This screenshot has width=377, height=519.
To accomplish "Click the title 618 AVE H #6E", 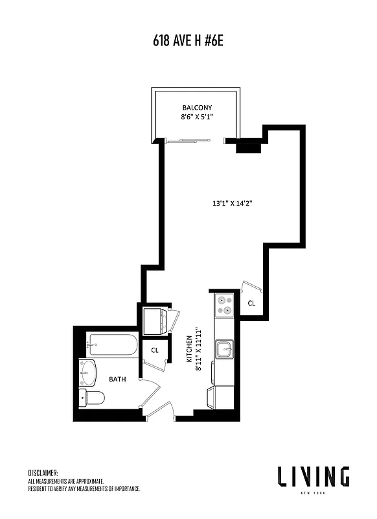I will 188,42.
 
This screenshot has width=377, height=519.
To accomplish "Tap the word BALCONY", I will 196,108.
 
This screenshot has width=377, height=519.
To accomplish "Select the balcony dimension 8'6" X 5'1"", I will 196,117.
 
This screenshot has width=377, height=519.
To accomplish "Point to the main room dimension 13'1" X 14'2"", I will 232,203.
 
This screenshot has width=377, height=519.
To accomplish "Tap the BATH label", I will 118,379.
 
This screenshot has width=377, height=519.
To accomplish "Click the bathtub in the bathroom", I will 112,344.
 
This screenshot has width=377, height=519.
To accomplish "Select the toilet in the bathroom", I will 91,397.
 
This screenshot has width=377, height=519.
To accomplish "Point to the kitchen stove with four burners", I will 224,305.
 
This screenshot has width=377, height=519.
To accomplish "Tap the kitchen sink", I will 225,349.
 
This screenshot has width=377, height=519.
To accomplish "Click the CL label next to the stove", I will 251,303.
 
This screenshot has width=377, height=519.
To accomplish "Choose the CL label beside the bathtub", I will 155,350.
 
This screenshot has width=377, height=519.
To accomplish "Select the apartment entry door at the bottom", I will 162,410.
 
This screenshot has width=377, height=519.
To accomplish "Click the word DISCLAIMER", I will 43,473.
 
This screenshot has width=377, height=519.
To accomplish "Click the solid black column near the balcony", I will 247,147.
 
